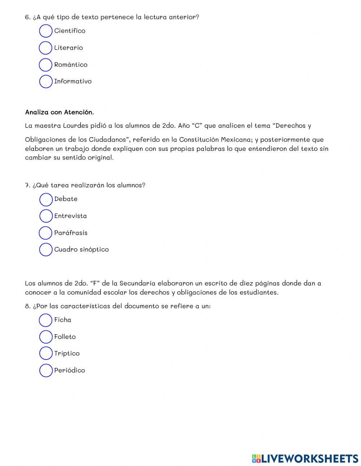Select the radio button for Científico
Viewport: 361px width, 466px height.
point(46,31)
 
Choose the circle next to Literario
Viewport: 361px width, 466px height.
point(46,48)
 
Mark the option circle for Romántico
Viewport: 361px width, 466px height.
point(46,65)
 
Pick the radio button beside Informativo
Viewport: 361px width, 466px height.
point(46,82)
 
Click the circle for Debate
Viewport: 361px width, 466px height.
point(46,199)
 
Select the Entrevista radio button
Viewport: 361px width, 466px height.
point(46,216)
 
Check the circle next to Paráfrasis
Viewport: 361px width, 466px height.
point(46,233)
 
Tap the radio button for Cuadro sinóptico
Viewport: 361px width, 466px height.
point(46,250)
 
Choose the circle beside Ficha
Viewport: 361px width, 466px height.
point(46,320)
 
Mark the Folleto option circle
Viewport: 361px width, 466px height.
point(46,337)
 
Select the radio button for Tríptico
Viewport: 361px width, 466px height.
point(46,354)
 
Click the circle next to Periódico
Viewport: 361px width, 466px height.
point(46,370)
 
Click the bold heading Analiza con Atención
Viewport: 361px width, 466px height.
point(59,112)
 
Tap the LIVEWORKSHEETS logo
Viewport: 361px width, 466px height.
point(305,458)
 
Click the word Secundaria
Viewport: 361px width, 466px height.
point(136,283)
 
